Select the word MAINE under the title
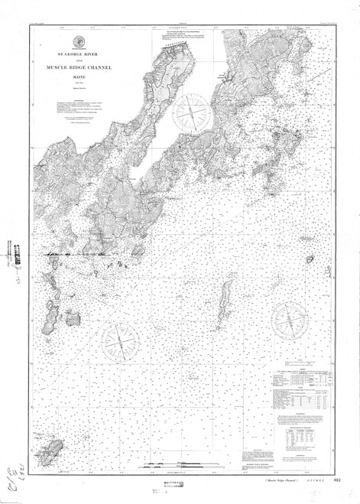coord(78,76)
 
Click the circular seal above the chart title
coord(78,41)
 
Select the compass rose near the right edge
coord(291,320)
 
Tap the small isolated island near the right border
coord(310,259)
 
